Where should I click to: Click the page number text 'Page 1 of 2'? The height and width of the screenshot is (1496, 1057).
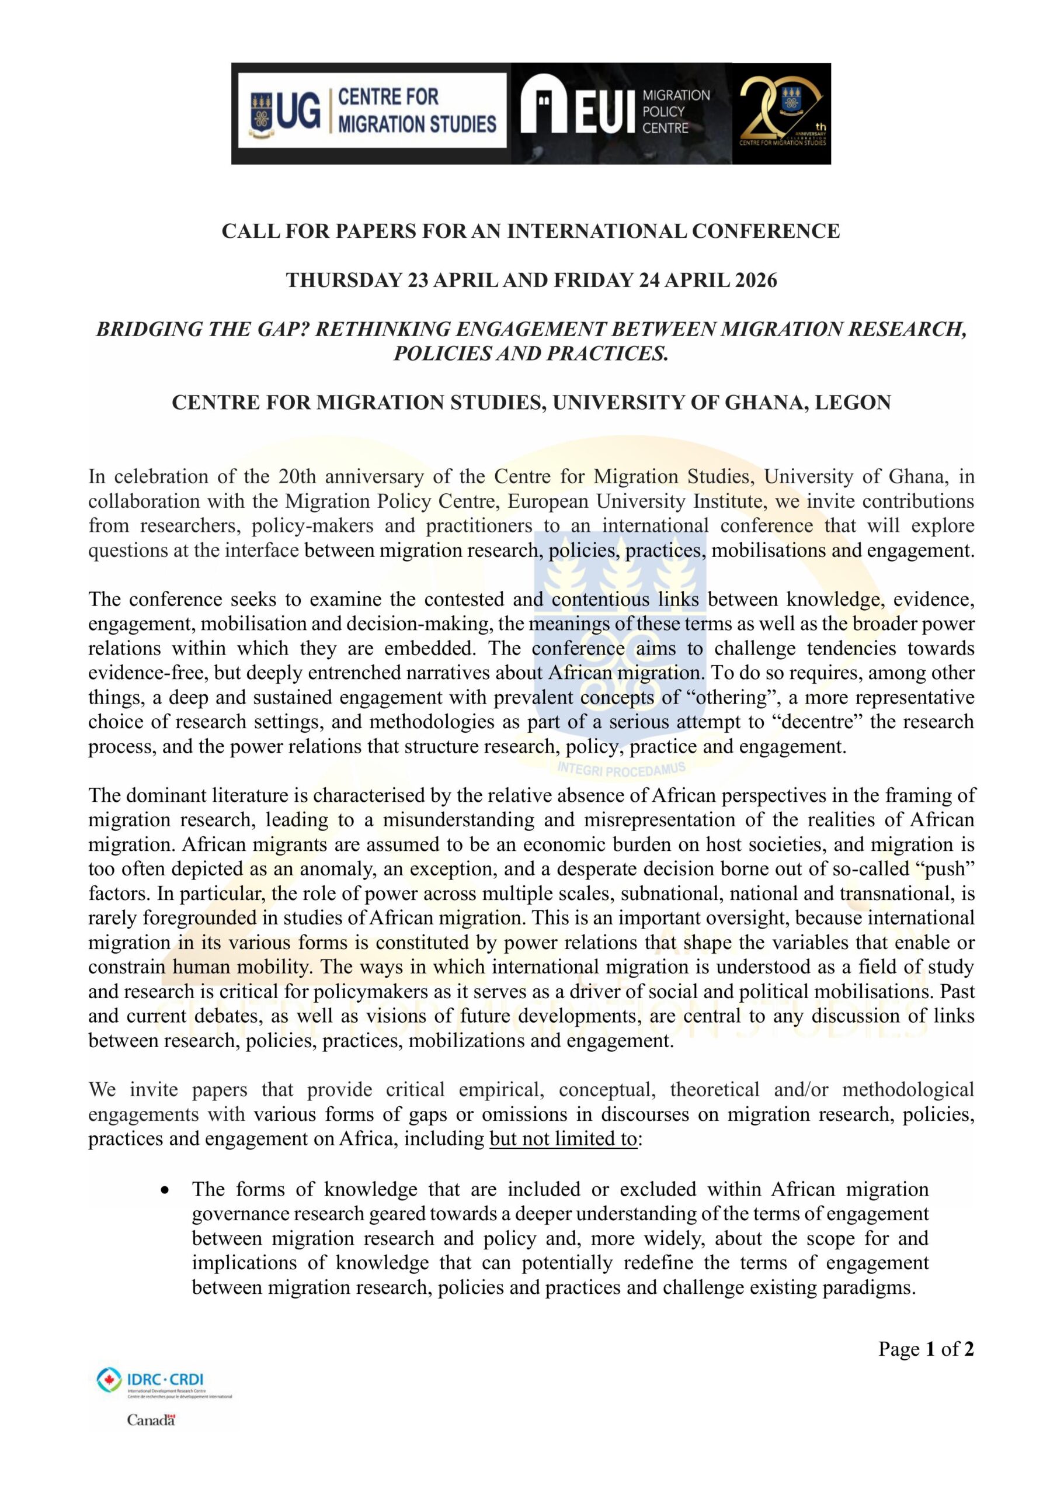click(x=926, y=1348)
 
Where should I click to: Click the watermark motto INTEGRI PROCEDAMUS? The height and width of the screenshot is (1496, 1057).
click(x=622, y=769)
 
